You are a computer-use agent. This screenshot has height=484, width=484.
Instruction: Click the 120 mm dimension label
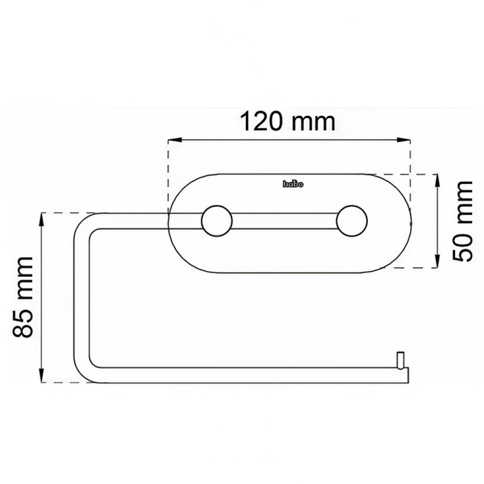click(x=287, y=122)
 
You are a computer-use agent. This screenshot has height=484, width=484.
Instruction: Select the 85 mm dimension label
click(x=23, y=297)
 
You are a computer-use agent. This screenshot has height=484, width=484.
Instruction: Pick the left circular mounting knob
click(x=217, y=221)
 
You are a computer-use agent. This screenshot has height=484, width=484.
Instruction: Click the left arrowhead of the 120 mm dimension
click(x=172, y=141)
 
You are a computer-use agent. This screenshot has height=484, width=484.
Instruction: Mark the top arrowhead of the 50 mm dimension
click(x=437, y=179)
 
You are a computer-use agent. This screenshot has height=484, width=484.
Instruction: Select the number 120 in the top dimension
click(x=262, y=122)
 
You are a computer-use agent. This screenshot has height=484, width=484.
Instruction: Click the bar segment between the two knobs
click(x=285, y=221)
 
